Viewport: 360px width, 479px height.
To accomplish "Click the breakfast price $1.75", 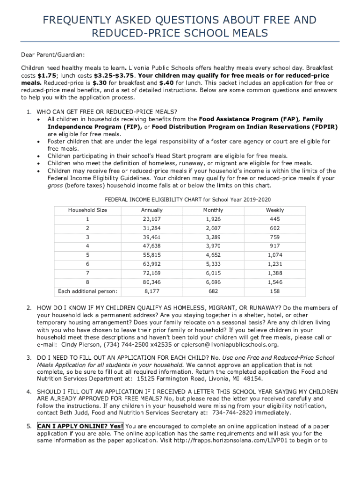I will pyautogui.click(x=47, y=75).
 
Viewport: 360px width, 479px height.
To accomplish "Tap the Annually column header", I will pyautogui.click(x=151, y=210).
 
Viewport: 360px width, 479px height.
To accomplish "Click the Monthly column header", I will pyautogui.click(x=213, y=210).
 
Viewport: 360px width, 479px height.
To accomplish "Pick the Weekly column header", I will pyautogui.click(x=275, y=210).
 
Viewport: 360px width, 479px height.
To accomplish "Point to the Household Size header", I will pyautogui.click(x=87, y=210).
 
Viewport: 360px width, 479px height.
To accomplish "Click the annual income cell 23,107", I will pyautogui.click(x=151, y=219).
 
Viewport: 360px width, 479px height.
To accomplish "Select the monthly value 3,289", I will pyautogui.click(x=213, y=237).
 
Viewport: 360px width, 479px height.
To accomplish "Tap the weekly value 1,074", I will pyautogui.click(x=275, y=255).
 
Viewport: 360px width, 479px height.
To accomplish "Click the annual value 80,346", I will pyautogui.click(x=151, y=283).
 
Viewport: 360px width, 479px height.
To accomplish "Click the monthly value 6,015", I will pyautogui.click(x=213, y=274).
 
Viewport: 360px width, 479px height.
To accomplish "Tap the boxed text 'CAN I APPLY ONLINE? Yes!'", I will pyautogui.click(x=80, y=426).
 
